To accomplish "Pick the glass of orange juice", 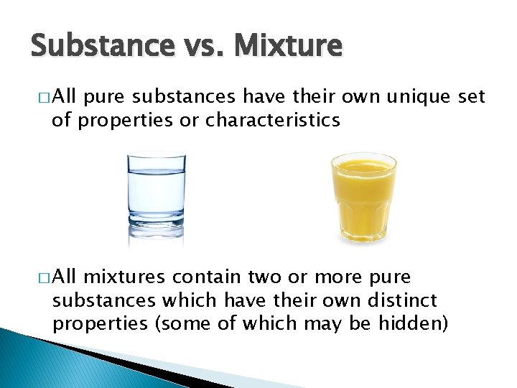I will pos(363,198).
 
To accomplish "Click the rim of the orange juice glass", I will pos(363,157).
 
